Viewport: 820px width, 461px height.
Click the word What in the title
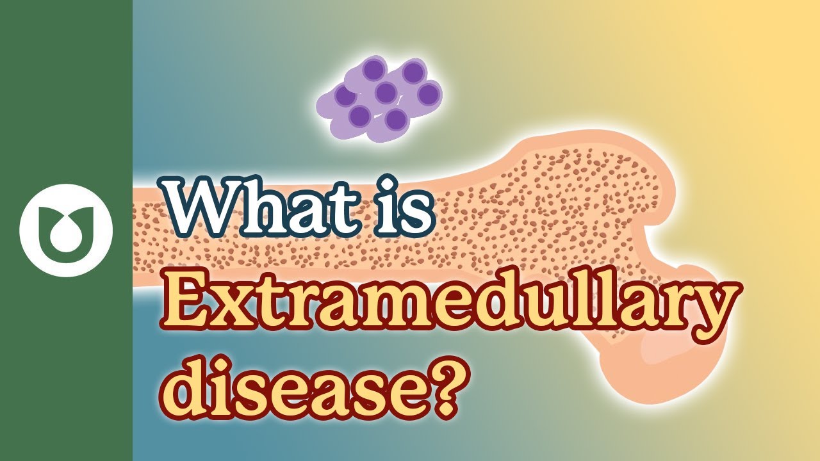tap(258, 206)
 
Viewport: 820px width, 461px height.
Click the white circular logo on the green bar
tap(66, 230)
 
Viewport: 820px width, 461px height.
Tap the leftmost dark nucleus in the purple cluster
tap(345, 96)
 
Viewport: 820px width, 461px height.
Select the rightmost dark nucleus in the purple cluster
tap(429, 93)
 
